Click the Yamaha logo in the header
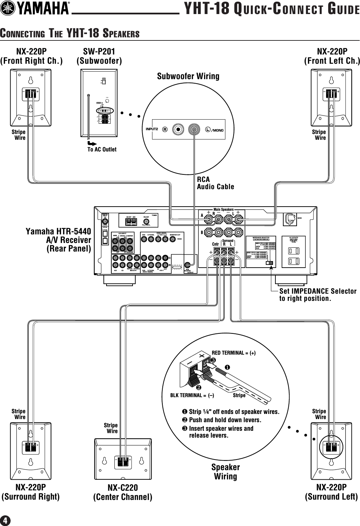coord(35,9)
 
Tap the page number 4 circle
coord(5,520)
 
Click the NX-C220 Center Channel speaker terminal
coord(123,462)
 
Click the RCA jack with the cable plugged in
coord(195,130)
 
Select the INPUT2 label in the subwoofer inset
coord(152,130)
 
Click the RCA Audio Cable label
coord(215,183)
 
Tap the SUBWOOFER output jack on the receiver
coord(187,265)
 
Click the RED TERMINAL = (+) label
coord(234,353)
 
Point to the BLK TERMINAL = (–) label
coord(192,395)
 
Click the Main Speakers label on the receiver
coord(223,209)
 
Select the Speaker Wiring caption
coord(225,472)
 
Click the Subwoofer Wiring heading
coord(188,76)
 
